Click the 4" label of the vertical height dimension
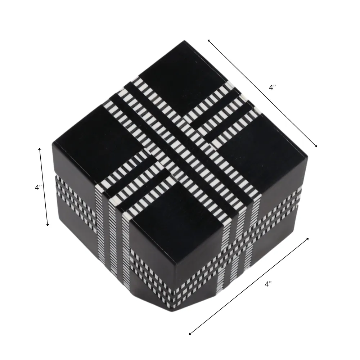(38, 188)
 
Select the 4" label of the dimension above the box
(272, 87)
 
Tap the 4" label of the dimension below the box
(268, 284)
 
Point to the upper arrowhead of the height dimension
(40, 149)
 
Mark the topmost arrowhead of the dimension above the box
(209, 41)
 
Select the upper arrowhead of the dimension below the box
(307, 239)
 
